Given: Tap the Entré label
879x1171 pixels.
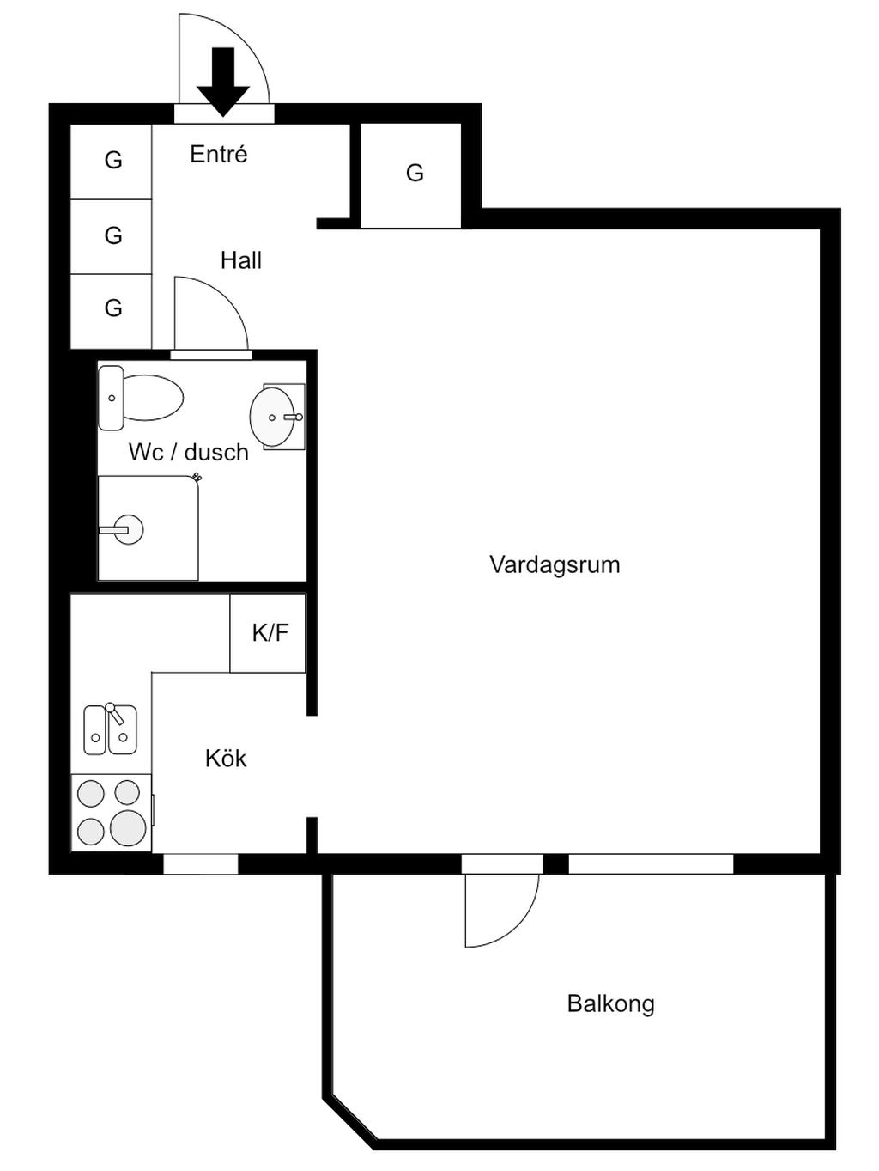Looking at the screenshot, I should point(219,155).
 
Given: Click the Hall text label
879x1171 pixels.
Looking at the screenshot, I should point(241,260).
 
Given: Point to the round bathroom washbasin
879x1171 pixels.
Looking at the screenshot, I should point(272,417).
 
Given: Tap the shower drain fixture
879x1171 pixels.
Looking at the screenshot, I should point(128,529).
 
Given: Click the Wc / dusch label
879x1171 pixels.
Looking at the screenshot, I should point(189,453).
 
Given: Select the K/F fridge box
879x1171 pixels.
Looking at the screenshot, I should point(269,633).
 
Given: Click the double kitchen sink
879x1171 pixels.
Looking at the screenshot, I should point(110,730).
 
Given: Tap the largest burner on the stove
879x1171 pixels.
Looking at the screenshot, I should point(128,827).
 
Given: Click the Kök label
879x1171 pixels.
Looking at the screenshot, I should point(226,759).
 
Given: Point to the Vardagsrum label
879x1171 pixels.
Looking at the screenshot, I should point(555,565).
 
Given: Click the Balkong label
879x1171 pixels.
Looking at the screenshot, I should point(610,1004).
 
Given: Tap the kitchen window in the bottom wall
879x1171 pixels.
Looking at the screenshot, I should point(200,864).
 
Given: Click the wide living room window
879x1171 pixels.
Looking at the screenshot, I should point(651,864).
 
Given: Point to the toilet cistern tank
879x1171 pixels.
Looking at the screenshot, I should point(111,398).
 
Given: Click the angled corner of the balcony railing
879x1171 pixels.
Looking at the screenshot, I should point(351,1122).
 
